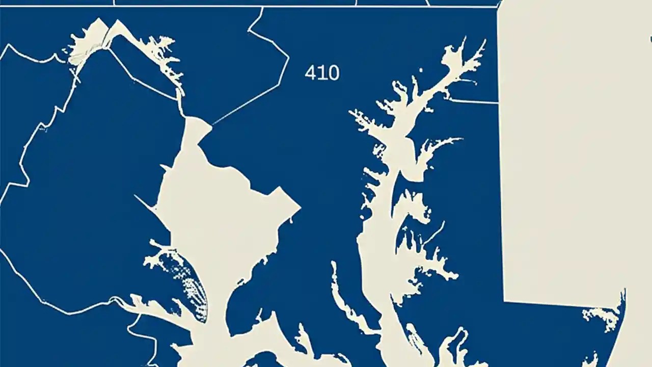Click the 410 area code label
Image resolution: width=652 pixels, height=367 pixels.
pyautogui.click(x=322, y=73)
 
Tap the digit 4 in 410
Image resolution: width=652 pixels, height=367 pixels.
pyautogui.click(x=310, y=73)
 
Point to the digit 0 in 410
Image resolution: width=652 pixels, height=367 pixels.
pyautogui.click(x=333, y=73)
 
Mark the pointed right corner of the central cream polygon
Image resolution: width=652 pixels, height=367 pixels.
pyautogui.click(x=299, y=207)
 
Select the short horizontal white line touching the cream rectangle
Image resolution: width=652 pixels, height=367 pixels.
pyautogui.click(x=474, y=101)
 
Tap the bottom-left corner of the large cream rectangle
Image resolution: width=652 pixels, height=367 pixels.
pyautogui.click(x=505, y=300)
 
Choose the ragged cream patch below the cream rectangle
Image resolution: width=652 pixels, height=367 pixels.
pyautogui.click(x=604, y=316)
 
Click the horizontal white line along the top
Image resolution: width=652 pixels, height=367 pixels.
pyautogui.click(x=255, y=6)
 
